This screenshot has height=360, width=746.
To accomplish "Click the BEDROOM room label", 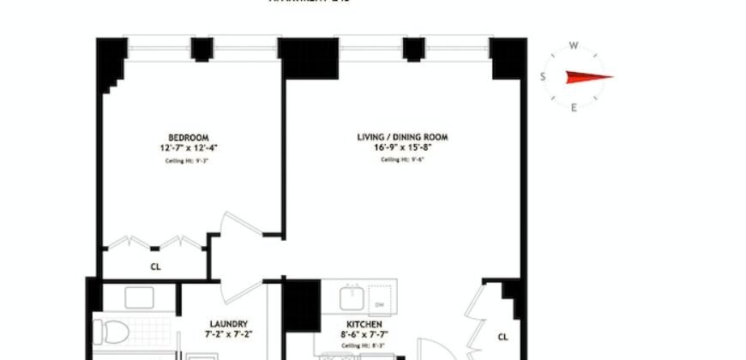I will click(x=188, y=137).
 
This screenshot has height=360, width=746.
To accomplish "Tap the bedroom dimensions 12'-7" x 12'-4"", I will click(x=188, y=147).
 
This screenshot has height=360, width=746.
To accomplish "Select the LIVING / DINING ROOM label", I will click(x=402, y=137).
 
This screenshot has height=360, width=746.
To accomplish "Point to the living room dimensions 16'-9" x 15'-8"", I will click(x=402, y=147).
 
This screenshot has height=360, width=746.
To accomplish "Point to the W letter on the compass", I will click(x=574, y=46).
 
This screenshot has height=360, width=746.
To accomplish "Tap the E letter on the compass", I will click(x=574, y=107).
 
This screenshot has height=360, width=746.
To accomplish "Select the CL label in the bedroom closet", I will click(x=155, y=267).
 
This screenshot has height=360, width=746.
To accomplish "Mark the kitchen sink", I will click(x=351, y=298).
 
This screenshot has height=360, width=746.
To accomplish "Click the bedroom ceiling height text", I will click(x=188, y=159).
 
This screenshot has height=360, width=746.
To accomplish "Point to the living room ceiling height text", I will click(x=402, y=159).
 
